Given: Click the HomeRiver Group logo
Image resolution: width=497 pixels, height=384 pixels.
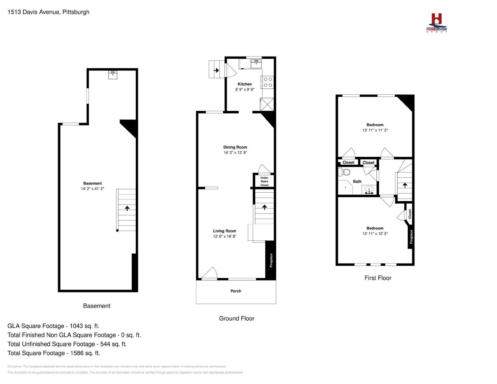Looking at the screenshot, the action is [x=436, y=23].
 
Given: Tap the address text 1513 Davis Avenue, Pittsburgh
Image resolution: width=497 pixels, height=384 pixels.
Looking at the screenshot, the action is [x=48, y=12].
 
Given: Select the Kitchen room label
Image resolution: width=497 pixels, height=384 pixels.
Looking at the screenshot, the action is [x=244, y=84].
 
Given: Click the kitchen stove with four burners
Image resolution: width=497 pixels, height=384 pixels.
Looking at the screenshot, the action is [x=267, y=82].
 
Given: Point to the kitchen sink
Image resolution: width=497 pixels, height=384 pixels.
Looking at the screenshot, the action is [x=256, y=64].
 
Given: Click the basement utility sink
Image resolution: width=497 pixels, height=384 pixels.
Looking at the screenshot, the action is [x=113, y=75].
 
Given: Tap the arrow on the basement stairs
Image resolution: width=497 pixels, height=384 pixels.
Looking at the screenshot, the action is [x=127, y=208].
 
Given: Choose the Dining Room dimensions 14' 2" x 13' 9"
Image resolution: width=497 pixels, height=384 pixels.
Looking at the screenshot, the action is [x=235, y=153].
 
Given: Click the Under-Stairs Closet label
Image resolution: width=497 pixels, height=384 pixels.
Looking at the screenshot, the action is [x=264, y=181].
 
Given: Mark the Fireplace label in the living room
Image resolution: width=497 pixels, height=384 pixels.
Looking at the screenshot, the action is [x=271, y=260].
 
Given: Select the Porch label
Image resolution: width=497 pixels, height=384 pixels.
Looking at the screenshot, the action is [x=236, y=291].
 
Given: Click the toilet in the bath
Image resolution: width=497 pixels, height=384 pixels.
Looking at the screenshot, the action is [x=344, y=172].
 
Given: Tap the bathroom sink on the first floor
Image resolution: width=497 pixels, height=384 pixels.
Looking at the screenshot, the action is [x=369, y=190].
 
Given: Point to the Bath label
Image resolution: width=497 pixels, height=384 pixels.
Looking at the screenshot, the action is [x=357, y=181].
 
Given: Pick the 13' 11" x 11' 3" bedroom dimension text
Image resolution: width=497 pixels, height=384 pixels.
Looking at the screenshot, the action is [x=375, y=130].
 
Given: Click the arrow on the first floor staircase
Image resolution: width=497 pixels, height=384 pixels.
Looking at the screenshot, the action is [x=405, y=185].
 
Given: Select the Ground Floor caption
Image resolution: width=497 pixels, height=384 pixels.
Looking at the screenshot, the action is [x=237, y=318].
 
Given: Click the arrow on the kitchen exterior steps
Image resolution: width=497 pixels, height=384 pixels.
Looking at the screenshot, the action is [x=217, y=70].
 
